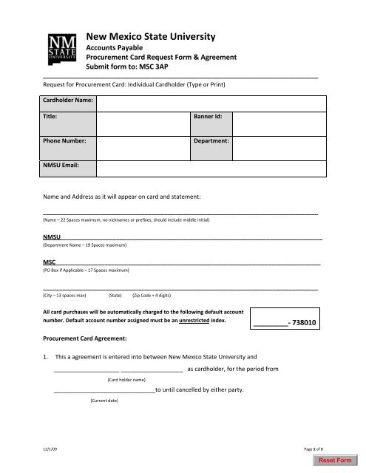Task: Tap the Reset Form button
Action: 333,461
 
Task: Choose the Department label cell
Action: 211,140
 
